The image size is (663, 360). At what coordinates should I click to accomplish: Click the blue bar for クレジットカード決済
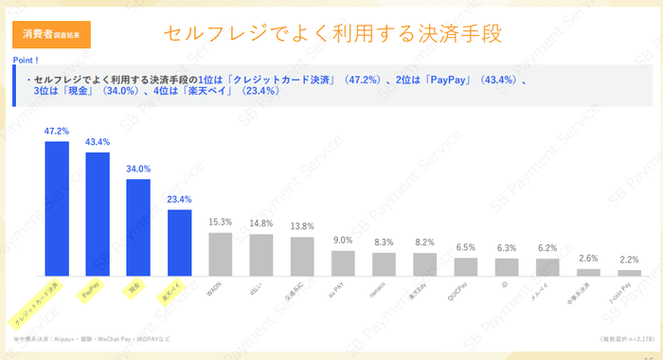pos(57,207)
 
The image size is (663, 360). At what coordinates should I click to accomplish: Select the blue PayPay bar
pos(98,213)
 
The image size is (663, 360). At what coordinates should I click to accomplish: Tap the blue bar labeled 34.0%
pos(138,226)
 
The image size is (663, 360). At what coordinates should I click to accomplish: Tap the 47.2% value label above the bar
pos(57,131)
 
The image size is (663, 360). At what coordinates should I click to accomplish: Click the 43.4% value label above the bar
pos(98,142)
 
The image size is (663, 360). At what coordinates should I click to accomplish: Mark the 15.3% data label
pos(221,222)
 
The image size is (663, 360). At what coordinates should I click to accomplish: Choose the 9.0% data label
pos(343,241)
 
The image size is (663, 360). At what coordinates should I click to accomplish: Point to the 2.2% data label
pos(629,261)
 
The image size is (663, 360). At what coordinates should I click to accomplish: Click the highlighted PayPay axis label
pos(92,295)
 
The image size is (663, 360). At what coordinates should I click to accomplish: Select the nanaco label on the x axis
pos(378,293)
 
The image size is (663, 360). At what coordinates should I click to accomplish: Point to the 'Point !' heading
pos(26,60)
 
